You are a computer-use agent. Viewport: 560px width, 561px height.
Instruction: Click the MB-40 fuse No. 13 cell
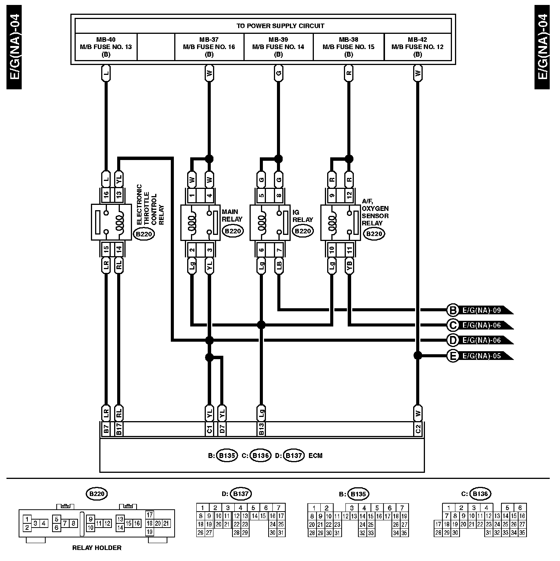[106, 47]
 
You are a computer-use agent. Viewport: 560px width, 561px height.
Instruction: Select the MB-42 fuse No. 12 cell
[417, 47]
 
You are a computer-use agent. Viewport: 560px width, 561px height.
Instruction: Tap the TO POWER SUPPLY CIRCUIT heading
[280, 26]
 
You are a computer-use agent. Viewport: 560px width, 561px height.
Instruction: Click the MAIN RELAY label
[232, 216]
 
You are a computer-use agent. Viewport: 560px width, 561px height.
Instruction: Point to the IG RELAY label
[303, 216]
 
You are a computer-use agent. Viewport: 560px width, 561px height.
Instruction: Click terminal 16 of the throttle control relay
[106, 195]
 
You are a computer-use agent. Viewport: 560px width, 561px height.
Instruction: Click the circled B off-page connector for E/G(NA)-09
[453, 310]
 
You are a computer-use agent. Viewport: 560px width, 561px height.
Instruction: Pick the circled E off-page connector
[453, 356]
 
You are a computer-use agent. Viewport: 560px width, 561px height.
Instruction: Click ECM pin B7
[106, 429]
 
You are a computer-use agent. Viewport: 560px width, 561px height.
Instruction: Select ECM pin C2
[418, 429]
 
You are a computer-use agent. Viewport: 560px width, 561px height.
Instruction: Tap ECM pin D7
[222, 429]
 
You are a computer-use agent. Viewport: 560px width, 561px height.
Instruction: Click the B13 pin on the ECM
[261, 429]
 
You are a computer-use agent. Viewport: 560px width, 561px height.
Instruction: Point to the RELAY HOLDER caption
[97, 548]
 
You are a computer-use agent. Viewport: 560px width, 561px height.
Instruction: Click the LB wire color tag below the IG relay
[279, 266]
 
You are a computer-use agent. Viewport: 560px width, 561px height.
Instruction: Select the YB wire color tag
[349, 266]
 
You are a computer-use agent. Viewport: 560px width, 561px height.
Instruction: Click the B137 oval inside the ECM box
[293, 455]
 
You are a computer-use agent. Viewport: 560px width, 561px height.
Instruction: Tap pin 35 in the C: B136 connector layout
[522, 533]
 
